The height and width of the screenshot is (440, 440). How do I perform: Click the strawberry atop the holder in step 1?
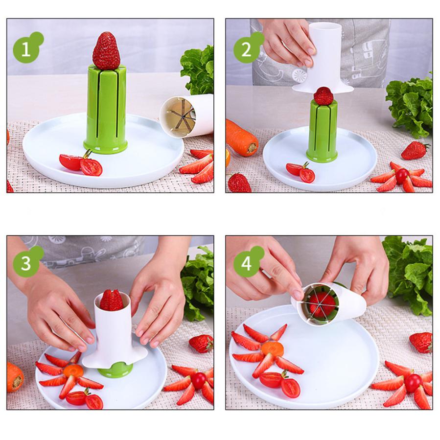click(x=106, y=51)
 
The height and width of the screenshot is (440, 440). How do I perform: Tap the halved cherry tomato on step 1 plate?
click(x=81, y=163)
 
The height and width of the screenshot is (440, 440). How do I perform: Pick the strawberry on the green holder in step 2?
click(x=324, y=96)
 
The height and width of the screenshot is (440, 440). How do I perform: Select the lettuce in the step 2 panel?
click(x=410, y=105)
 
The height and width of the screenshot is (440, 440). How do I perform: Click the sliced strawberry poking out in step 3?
click(x=112, y=300)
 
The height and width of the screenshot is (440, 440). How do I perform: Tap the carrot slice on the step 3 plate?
click(x=73, y=371)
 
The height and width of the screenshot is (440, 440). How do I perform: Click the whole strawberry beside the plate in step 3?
click(x=201, y=343)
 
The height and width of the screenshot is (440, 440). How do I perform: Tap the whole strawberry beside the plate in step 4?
click(x=421, y=342)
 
